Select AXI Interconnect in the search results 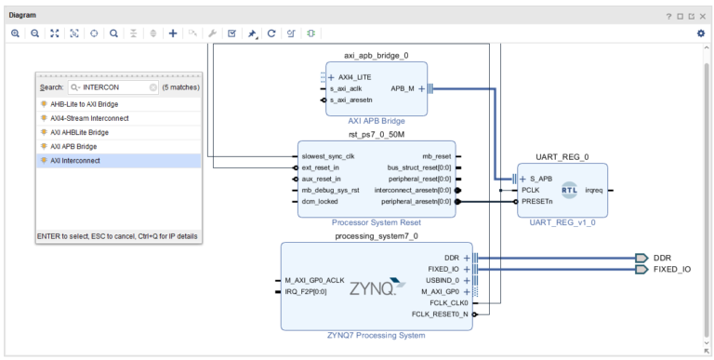(x=75, y=160)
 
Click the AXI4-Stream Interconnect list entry (x=89, y=118)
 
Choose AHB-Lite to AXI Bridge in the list (x=85, y=104)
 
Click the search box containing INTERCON (x=112, y=87)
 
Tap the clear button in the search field (x=153, y=87)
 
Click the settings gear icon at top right (x=701, y=33)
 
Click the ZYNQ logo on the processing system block (x=377, y=287)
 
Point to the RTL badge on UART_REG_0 (x=569, y=190)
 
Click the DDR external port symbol (x=641, y=258)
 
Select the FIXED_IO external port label (x=672, y=270)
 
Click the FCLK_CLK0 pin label (x=448, y=303)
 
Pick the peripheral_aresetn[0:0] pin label (x=416, y=202)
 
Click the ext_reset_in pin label (x=320, y=167)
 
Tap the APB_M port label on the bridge (x=403, y=89)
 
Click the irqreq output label (x=594, y=190)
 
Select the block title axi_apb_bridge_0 (x=377, y=56)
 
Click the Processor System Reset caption (x=377, y=222)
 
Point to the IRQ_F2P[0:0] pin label (x=306, y=292)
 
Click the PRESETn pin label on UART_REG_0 (x=537, y=202)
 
